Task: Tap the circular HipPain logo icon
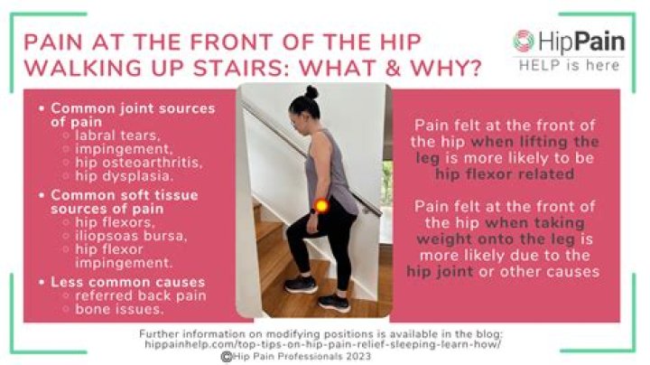pyautogui.click(x=524, y=41)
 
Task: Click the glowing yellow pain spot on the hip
pyautogui.click(x=320, y=206)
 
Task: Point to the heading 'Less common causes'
pyautogui.click(x=126, y=282)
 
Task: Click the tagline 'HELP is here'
pyautogui.click(x=567, y=64)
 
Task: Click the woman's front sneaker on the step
pyautogui.click(x=300, y=284)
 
